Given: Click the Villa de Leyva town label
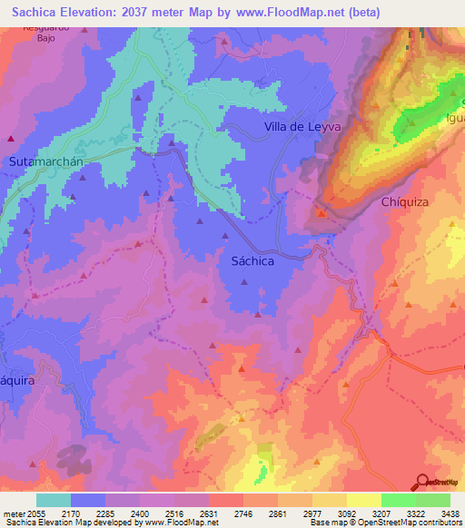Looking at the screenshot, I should click(302, 127).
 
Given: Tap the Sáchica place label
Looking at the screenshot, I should click(248, 260).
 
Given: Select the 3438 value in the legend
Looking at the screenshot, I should click(450, 513).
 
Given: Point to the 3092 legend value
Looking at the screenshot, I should click(346, 513).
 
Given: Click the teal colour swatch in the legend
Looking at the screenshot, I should click(53, 500).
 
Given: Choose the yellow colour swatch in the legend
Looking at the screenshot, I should click(363, 500).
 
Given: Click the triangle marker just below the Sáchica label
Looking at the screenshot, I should click(243, 281).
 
